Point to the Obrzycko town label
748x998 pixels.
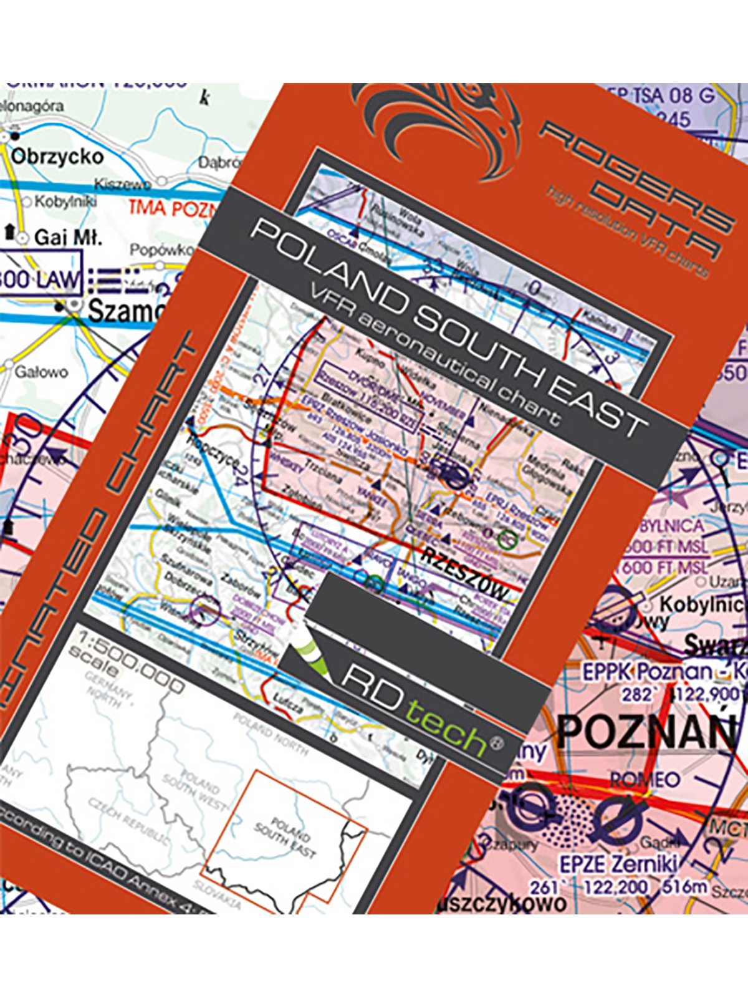57,156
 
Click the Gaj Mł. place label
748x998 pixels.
68,238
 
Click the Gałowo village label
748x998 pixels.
41,372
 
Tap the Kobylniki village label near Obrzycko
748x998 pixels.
65,202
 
